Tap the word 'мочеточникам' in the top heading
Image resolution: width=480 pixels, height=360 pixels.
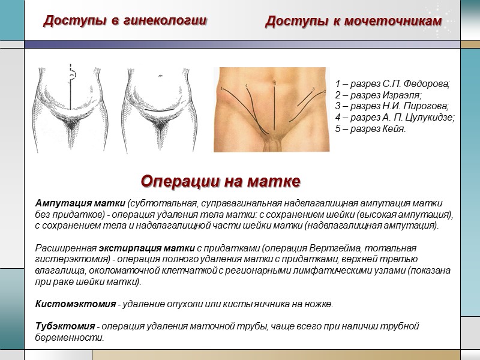[x=396, y=22]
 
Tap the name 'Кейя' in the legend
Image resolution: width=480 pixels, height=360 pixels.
[x=394, y=129]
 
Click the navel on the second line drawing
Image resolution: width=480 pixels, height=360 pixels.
[x=161, y=76]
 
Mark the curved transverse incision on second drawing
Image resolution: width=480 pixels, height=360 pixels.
[x=161, y=116]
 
